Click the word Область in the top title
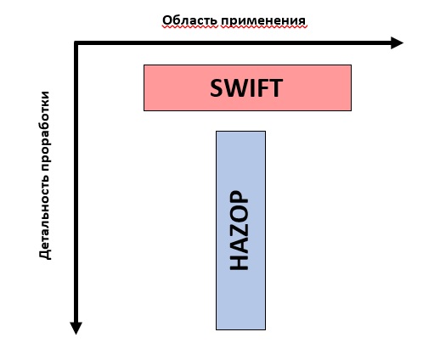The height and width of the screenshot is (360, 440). coord(190,20)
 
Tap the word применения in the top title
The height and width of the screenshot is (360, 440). coord(263,21)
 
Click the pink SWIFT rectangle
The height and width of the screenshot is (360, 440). coord(247,87)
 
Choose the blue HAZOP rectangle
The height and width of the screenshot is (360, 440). coord(240,230)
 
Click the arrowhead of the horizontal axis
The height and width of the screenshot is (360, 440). coord(397,43)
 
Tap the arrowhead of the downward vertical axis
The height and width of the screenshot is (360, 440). coord(76,328)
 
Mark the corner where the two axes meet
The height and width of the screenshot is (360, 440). coord(76,43)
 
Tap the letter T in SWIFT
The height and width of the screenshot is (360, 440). coord(276,88)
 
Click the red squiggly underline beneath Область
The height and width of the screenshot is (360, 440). coord(190,27)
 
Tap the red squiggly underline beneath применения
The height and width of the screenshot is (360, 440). coord(264,27)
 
